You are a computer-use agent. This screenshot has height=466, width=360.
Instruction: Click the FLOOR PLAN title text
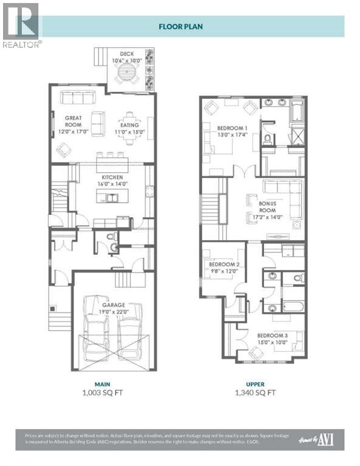(180, 26)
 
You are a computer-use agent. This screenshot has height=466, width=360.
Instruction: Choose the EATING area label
(129, 125)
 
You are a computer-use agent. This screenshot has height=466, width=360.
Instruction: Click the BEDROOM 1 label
(231, 128)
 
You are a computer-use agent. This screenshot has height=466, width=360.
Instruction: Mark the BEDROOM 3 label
(271, 335)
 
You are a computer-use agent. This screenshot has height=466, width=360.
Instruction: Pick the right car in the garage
(130, 328)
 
